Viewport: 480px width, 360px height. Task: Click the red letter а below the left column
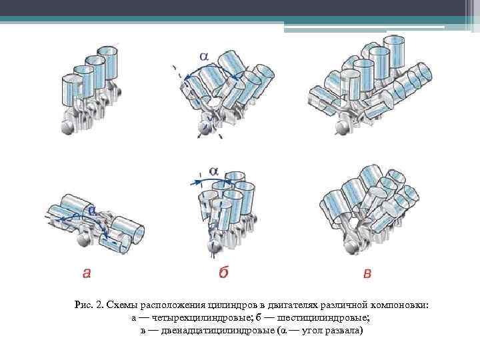click(87, 273)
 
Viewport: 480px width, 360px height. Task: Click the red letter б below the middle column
click(223, 271)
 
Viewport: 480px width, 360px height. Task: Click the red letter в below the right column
click(367, 273)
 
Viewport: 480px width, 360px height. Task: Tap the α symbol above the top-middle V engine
click(204, 56)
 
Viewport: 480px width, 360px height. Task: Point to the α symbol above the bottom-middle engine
click(213, 171)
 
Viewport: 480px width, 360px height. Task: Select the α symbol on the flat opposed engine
click(92, 209)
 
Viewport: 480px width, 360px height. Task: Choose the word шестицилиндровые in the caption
click(323, 318)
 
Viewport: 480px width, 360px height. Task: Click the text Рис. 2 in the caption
click(88, 305)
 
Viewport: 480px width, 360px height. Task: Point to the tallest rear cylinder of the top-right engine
click(395, 52)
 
